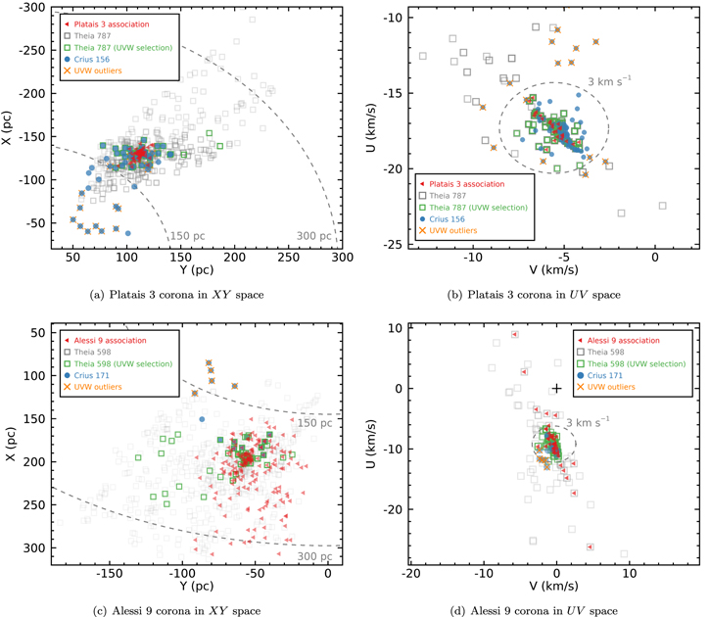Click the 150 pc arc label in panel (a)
(x=184, y=237)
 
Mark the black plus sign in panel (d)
(x=556, y=389)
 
